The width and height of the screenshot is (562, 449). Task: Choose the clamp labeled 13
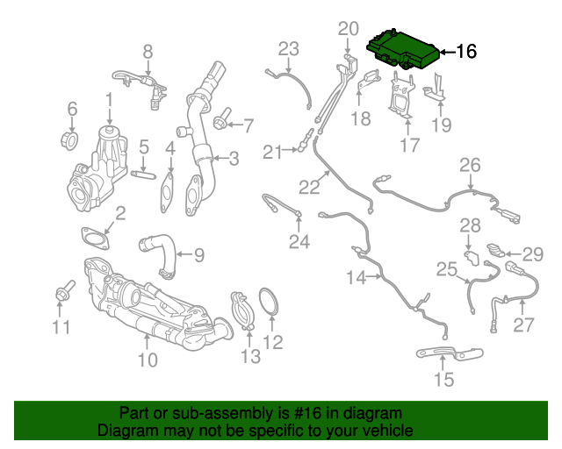pos(242,311)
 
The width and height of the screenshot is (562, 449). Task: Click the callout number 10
pos(147,360)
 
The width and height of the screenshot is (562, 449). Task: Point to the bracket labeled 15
pos(449,354)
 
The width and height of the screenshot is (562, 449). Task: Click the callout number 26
pos(471,164)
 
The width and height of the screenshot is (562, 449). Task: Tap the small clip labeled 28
pos(471,256)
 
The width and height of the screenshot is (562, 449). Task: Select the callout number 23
pos(290,48)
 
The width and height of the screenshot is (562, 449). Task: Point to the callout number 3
pos(234,159)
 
